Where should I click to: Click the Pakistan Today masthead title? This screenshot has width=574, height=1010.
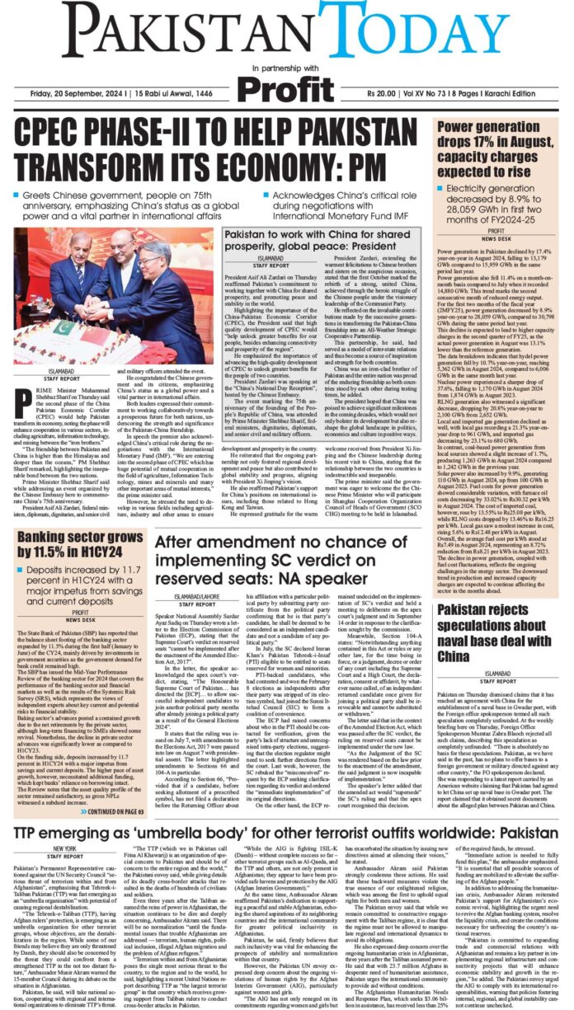(x=287, y=31)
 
